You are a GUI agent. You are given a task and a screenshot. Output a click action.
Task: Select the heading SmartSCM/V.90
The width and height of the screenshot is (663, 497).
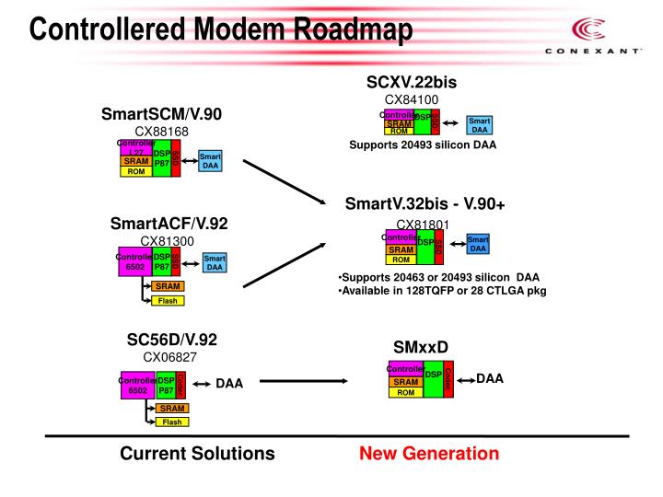tap(161, 115)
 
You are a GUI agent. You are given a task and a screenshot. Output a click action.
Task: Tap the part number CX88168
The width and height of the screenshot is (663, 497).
tap(161, 132)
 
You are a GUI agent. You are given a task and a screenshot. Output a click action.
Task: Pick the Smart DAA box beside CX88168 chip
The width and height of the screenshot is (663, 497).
tap(210, 161)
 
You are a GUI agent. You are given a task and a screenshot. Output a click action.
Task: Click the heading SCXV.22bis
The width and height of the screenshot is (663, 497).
tap(412, 82)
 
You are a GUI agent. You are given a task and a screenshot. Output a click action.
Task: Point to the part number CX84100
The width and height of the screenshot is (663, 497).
tap(412, 99)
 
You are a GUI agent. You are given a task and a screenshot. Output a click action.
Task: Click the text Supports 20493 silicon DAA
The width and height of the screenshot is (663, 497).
tap(423, 144)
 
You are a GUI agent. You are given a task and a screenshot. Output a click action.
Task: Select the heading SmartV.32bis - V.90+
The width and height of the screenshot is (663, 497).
tap(425, 203)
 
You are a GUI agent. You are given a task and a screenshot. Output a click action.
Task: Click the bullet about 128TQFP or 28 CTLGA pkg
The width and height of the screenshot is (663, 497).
tap(443, 290)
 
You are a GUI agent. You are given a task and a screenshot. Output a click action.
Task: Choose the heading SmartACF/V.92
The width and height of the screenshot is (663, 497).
tap(169, 224)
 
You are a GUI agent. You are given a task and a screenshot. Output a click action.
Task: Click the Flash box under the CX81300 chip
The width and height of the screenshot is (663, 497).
tap(168, 300)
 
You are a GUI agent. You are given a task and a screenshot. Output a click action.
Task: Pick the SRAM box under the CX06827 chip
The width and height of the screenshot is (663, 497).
tap(171, 408)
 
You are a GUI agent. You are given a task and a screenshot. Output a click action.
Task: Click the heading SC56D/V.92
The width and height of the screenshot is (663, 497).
tap(171, 339)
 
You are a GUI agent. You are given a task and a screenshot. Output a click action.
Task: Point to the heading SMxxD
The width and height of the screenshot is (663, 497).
tap(421, 346)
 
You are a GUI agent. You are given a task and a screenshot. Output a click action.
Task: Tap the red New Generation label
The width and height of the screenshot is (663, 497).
tap(429, 453)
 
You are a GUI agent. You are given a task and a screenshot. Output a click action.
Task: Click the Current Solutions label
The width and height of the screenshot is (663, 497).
tap(197, 453)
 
